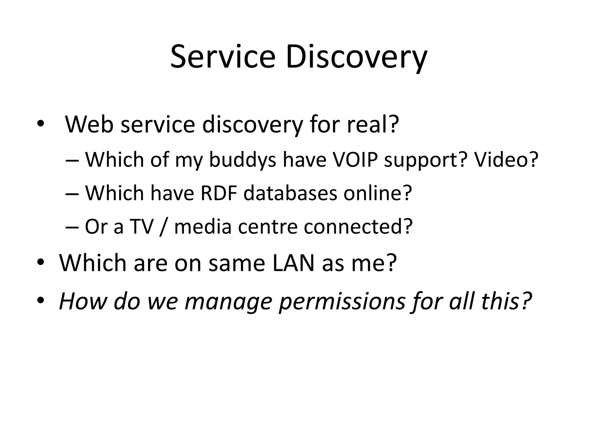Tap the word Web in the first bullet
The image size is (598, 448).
point(89,125)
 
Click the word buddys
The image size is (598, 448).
point(242,160)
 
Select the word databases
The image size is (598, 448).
point(290,193)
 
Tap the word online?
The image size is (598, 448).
point(378,193)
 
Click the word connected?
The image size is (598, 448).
point(358,226)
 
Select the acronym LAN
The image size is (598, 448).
point(293,263)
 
